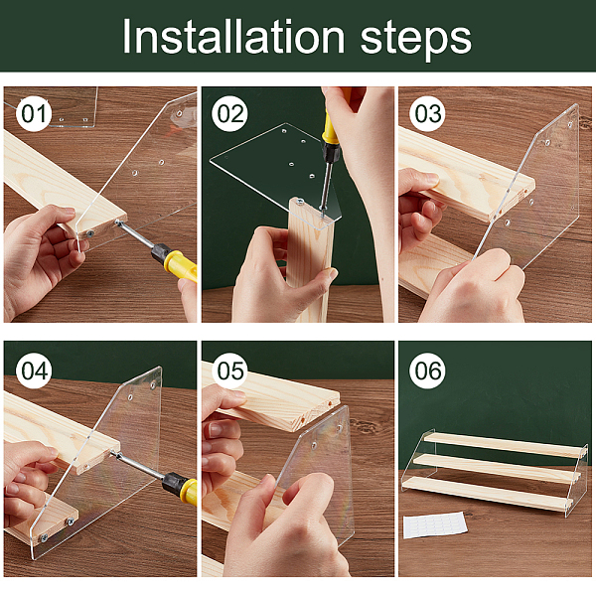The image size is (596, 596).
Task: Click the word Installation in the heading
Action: click(x=233, y=38)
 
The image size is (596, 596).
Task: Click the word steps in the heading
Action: click(x=415, y=41)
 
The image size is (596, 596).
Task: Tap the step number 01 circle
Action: click(x=34, y=113)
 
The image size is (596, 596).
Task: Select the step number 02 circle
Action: click(x=229, y=113)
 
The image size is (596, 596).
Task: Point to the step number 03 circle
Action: click(x=427, y=113)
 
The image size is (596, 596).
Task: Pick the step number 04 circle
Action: click(x=34, y=371)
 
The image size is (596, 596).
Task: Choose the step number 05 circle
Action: click(x=229, y=371)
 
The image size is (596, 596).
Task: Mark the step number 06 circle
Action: click(x=427, y=371)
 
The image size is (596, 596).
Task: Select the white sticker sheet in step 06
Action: click(x=435, y=524)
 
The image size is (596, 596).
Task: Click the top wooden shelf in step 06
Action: click(x=505, y=444)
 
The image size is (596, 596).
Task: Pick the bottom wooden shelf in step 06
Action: click(x=488, y=493)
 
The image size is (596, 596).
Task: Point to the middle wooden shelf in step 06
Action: click(x=497, y=468)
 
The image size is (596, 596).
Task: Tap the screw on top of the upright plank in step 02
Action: click(x=300, y=201)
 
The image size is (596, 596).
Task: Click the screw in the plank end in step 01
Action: click(x=90, y=233)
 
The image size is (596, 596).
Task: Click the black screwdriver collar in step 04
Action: click(x=172, y=483)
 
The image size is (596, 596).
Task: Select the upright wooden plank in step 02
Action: click(x=309, y=258)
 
